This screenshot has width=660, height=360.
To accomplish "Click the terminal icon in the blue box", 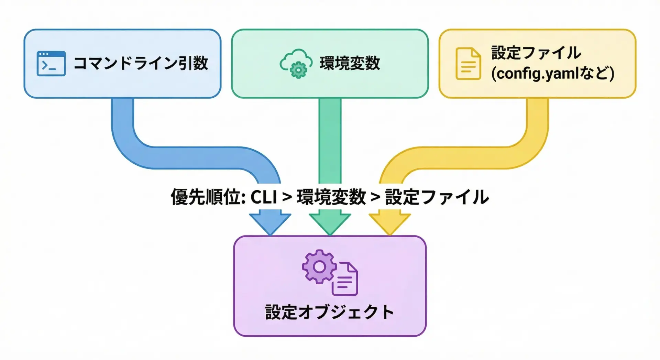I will [51, 64].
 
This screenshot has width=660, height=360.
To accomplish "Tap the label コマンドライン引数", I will [141, 63].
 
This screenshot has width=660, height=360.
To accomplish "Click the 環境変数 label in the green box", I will [350, 63].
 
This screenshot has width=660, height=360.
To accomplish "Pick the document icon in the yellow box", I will [468, 64].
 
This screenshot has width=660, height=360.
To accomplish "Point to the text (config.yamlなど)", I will [552, 74].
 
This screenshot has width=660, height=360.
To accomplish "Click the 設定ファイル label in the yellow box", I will [536, 53].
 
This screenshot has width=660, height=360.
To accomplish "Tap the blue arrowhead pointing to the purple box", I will [270, 223].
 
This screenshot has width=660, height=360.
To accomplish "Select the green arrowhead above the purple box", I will [330, 223].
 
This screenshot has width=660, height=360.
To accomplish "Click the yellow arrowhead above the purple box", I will [389, 223].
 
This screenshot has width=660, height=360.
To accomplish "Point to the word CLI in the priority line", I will [264, 197].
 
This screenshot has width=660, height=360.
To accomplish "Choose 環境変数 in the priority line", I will [331, 197].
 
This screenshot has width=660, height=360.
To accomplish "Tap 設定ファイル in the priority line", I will [437, 197].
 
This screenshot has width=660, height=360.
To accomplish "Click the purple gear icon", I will [319, 266].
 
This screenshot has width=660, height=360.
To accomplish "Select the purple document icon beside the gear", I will [345, 279].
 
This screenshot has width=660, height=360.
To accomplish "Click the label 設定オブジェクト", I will [329, 312].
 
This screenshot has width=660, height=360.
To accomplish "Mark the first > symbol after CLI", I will [287, 197].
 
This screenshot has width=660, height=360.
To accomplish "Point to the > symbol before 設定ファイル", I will [375, 197].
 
